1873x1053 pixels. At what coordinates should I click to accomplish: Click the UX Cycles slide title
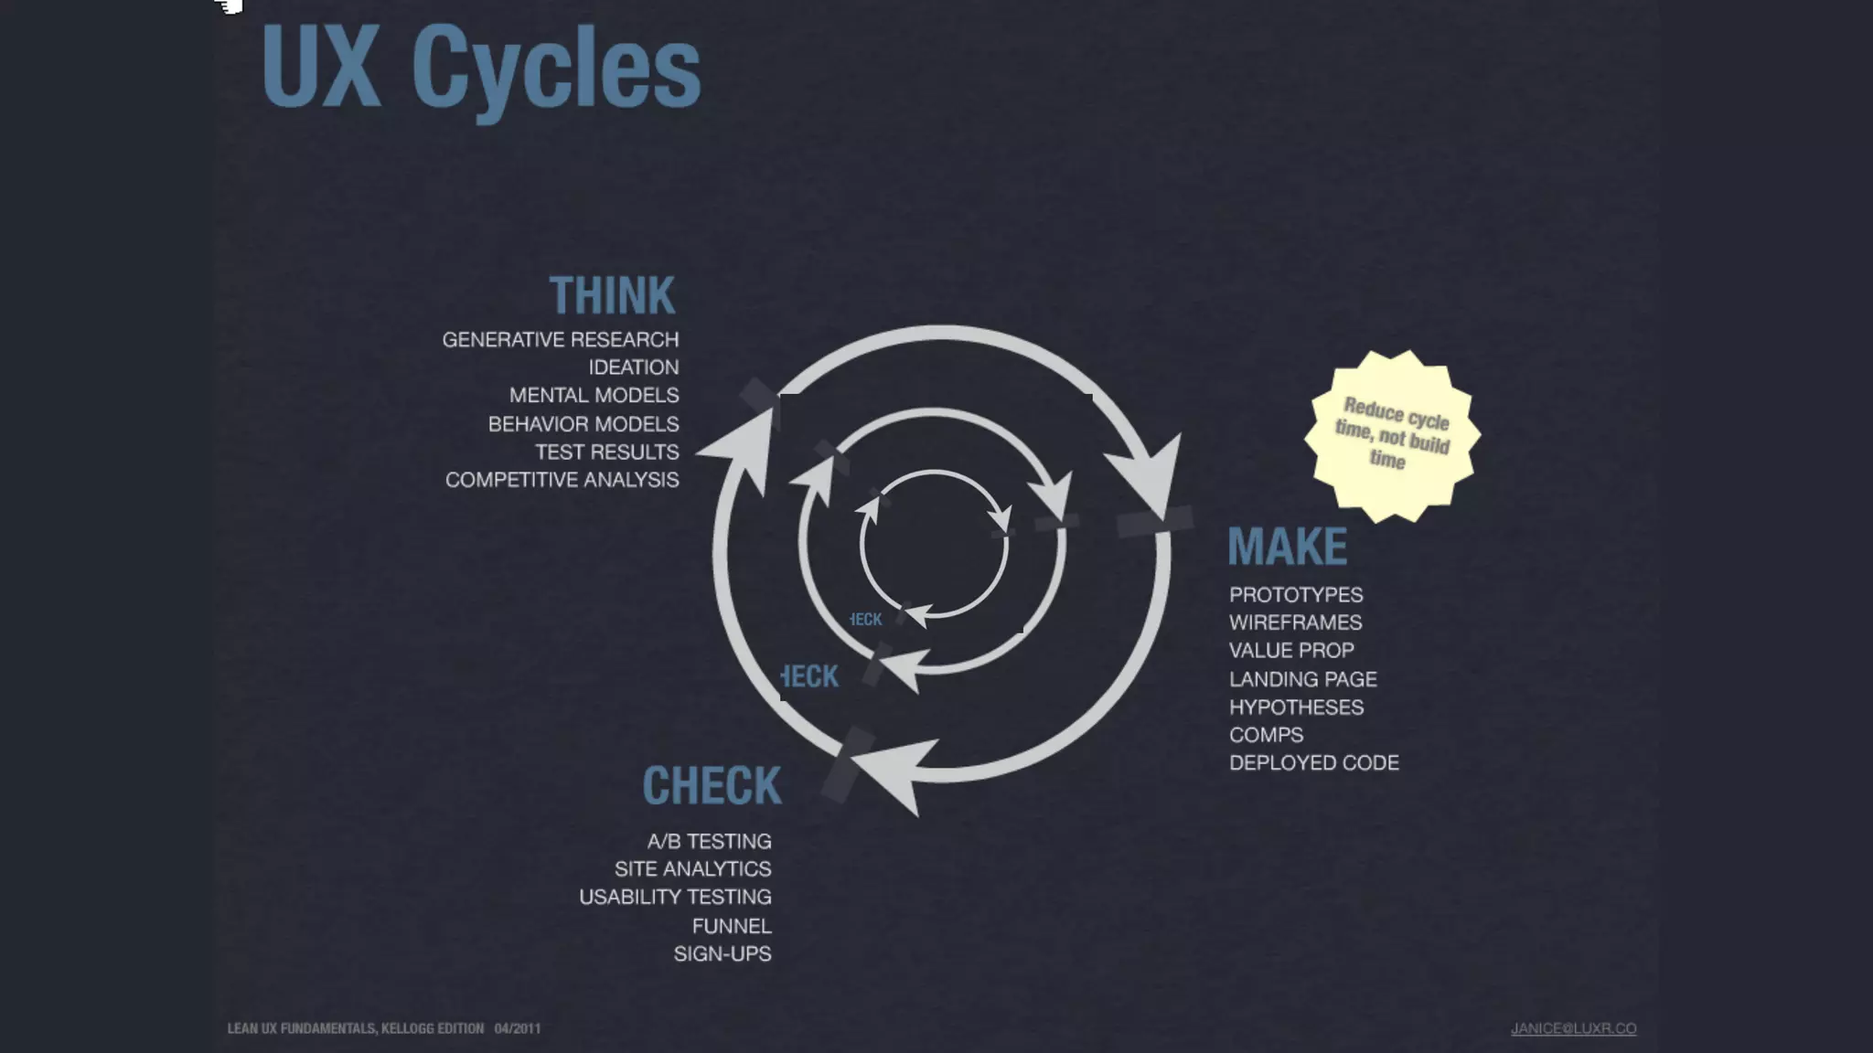[481, 69]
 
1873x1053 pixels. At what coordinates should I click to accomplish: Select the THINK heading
[612, 296]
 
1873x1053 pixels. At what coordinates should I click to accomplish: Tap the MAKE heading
[1287, 547]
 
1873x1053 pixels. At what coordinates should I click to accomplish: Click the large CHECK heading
[712, 786]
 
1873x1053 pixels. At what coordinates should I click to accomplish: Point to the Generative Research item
[561, 340]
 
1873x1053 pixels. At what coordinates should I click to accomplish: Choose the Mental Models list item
[594, 396]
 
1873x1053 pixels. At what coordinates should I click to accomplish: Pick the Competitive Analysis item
[562, 480]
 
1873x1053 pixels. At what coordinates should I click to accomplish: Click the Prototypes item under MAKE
[1295, 595]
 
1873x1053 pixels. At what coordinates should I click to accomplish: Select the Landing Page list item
[1302, 679]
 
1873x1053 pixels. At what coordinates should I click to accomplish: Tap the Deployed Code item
[1313, 763]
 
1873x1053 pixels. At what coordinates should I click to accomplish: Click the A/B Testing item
[709, 841]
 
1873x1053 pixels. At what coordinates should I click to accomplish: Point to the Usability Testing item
[675, 897]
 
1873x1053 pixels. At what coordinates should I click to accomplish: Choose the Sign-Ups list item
[722, 953]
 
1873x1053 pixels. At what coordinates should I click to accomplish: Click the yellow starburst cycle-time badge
[1392, 435]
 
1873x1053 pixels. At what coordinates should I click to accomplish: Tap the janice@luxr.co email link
[1573, 1028]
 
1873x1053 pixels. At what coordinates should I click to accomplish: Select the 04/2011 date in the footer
[518, 1028]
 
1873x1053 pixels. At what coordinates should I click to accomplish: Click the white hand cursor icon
[229, 6]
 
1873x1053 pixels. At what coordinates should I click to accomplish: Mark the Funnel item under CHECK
[732, 926]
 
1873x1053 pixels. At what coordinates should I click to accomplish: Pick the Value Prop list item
[1290, 651]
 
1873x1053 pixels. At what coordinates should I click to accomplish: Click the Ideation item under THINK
[633, 367]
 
